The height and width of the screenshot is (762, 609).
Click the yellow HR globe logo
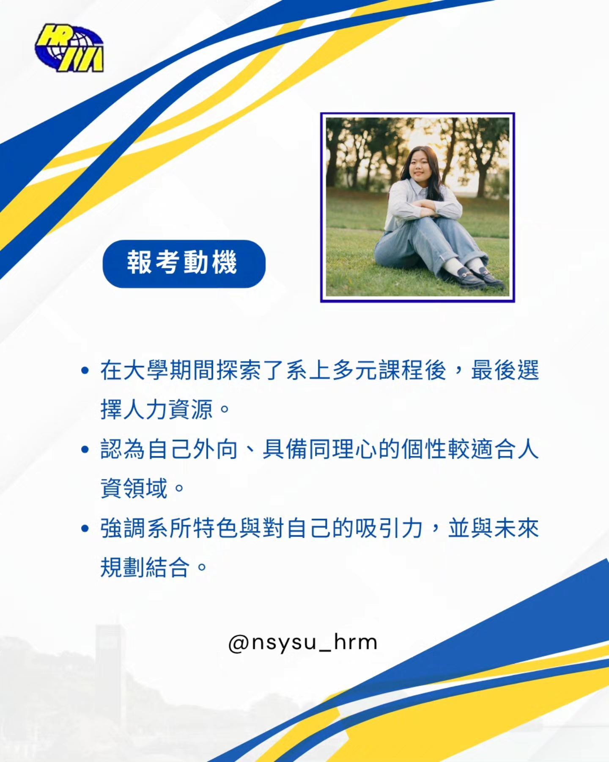tap(69, 48)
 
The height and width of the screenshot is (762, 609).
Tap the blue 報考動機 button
tap(184, 264)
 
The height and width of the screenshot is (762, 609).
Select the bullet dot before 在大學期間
tap(85, 371)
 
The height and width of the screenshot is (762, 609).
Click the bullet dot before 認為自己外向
tap(85, 449)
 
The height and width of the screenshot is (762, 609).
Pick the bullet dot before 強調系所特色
tap(85, 528)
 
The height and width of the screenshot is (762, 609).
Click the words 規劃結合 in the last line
tap(145, 567)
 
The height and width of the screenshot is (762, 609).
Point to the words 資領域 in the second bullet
tap(134, 488)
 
